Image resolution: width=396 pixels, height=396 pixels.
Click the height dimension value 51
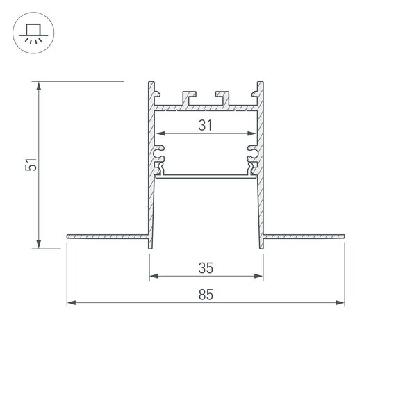[30, 165]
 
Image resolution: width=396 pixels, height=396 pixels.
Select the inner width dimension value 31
[205, 125]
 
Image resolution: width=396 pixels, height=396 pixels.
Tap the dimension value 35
[205, 267]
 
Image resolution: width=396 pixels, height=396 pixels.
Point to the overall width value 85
[205, 294]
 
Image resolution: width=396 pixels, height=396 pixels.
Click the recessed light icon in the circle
[32, 35]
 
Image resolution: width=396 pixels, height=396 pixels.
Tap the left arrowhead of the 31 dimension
[160, 133]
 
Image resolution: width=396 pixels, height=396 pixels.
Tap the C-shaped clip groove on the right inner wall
[252, 150]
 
